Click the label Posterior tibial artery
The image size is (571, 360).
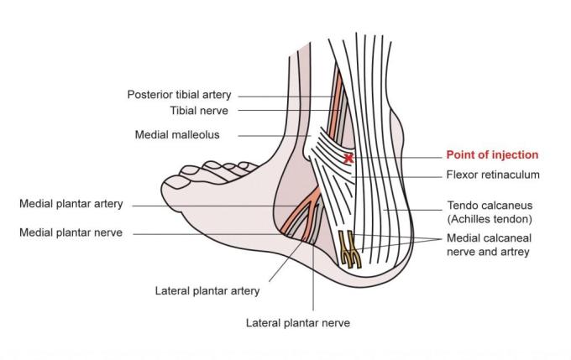point(179,95)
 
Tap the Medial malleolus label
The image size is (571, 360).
point(177,134)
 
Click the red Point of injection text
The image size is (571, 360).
point(492,155)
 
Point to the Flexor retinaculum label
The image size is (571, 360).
point(492,175)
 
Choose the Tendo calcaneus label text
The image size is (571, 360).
point(490,205)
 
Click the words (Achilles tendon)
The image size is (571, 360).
point(490,219)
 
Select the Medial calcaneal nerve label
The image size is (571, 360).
point(489,237)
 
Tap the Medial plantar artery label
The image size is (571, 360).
point(71,204)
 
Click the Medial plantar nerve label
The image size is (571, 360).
point(71,232)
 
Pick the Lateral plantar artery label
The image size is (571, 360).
point(207,291)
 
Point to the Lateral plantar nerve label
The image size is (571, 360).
point(297,322)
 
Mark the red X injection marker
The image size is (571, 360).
point(348,158)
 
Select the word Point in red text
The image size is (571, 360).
point(460,155)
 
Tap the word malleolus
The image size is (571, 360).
point(197,134)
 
